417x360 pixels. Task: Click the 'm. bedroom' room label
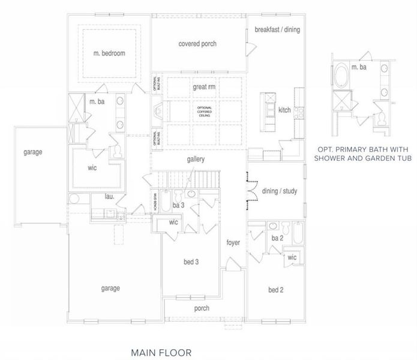pos(109,53)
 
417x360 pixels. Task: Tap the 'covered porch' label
pos(197,44)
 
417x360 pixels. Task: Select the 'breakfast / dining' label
pos(277,29)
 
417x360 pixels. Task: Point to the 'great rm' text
pos(203,87)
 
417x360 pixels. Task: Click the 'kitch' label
pos(284,110)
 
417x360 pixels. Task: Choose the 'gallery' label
pos(196,160)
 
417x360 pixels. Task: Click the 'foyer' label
pos(233,243)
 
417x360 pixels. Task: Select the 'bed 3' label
pos(191,262)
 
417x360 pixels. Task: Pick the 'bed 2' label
pos(276,290)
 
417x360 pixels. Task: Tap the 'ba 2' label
pos(277,238)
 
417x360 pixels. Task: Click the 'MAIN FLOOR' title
pos(161,347)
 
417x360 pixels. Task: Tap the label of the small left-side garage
pos(33,152)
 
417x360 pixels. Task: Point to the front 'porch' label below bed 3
pos(202,308)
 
